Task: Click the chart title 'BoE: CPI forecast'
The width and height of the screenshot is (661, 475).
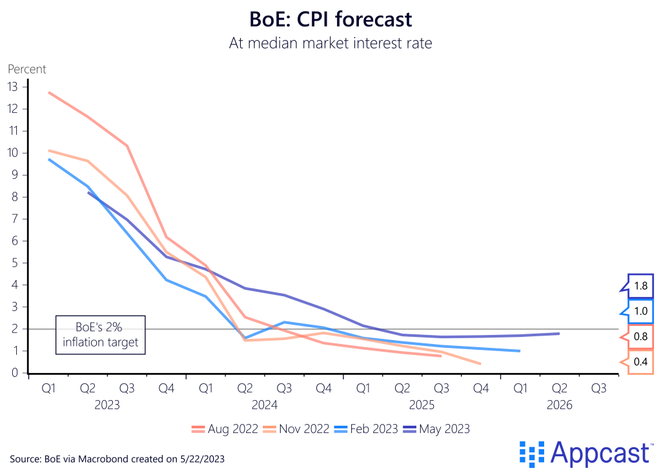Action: coord(330,19)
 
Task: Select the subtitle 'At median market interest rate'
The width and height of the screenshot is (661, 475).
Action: coord(330,43)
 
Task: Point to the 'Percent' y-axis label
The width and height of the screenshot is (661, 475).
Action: coord(27,69)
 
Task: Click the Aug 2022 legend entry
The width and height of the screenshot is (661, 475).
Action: coord(225,429)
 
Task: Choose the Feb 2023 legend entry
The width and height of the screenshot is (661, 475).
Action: coord(367,429)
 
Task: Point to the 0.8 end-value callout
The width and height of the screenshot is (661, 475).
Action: coord(640,336)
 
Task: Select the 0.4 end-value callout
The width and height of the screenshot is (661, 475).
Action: coord(640,361)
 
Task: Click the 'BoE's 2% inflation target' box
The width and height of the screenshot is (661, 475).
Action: coord(100,334)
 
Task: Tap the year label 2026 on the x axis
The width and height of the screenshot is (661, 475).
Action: coord(559,405)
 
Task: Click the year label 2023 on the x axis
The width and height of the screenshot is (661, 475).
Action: coord(107,405)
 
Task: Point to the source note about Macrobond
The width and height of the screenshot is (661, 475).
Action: coord(117,458)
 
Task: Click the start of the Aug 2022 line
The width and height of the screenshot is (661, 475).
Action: coord(49,92)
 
